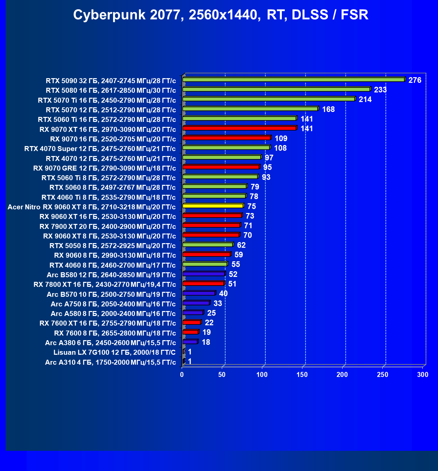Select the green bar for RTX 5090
click(294, 79)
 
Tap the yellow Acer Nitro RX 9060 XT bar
click(213, 206)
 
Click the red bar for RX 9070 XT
click(240, 128)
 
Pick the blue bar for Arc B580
click(204, 274)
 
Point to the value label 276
click(415, 80)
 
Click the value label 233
click(380, 90)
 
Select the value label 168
click(328, 109)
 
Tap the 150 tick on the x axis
click(302, 375)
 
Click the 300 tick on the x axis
click(423, 375)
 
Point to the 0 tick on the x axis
click(182, 375)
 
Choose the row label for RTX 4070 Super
click(100, 149)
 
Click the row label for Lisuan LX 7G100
click(114, 352)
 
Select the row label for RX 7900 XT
click(108, 227)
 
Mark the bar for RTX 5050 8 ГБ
click(208, 244)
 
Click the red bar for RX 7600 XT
click(192, 322)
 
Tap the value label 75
click(252, 206)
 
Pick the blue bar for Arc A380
click(191, 341)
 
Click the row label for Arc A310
click(110, 362)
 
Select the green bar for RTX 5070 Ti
click(269, 99)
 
